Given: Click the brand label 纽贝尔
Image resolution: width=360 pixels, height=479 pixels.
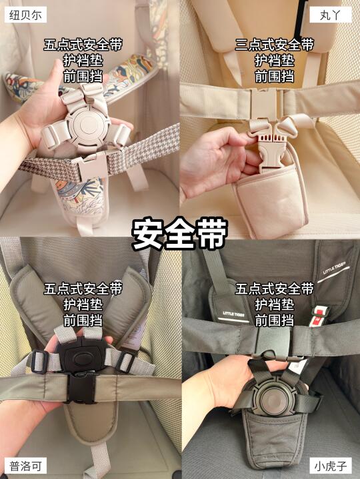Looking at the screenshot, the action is [x=25, y=15].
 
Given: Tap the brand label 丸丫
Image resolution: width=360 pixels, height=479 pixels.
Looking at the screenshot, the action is [x=331, y=15].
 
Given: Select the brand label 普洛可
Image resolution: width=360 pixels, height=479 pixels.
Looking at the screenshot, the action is [x=26, y=466].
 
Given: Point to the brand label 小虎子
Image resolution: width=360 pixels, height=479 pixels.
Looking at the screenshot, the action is [x=331, y=466].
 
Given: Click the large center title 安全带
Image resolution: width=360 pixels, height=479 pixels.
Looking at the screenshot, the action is [x=180, y=233].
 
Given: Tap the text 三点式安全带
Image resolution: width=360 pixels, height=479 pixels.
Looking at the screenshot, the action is [x=275, y=45].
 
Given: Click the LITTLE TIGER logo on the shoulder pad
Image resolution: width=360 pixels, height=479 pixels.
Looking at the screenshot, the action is [x=233, y=314].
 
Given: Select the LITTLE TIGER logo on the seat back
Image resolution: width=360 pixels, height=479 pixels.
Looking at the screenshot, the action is [x=334, y=268].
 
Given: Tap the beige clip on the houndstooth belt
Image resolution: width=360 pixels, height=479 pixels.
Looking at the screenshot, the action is [x=92, y=165].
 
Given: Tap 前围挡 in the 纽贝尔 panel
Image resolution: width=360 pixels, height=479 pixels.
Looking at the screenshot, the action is [x=83, y=77].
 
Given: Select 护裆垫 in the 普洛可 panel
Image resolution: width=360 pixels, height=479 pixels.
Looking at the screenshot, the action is [x=83, y=304].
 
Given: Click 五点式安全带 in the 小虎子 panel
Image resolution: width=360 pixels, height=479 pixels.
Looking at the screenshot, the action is [x=275, y=288].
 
